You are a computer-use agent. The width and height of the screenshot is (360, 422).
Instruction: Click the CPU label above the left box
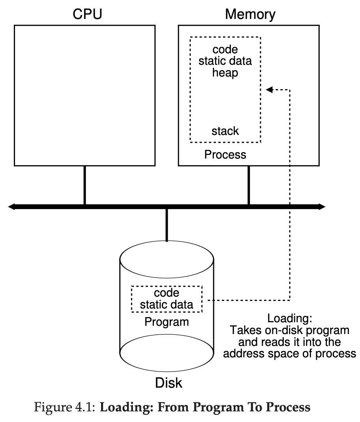click(87, 14)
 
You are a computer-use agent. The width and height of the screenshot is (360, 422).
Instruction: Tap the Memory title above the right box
click(250, 15)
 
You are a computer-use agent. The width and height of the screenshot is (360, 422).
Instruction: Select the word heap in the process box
click(225, 73)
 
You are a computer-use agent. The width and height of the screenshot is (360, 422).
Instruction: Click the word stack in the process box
click(225, 131)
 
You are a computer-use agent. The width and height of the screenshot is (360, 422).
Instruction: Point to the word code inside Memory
click(225, 50)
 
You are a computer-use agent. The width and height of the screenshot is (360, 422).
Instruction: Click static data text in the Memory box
click(225, 61)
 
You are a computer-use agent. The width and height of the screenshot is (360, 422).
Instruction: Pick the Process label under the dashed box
click(225, 155)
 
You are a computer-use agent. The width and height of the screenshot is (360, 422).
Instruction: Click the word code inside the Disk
click(167, 293)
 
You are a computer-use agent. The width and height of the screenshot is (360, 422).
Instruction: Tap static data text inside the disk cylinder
click(167, 304)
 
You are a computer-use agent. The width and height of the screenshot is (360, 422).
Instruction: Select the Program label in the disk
click(167, 322)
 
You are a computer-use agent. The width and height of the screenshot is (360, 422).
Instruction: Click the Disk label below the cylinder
click(169, 383)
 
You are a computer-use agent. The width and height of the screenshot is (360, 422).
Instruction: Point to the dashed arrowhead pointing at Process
click(269, 90)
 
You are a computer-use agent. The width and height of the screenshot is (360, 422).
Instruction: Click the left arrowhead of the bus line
click(11, 207)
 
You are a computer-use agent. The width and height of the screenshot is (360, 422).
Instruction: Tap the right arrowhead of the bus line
click(322, 207)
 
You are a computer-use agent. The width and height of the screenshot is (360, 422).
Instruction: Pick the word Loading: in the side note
click(290, 318)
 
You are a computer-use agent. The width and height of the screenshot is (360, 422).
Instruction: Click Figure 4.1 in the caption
click(64, 407)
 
